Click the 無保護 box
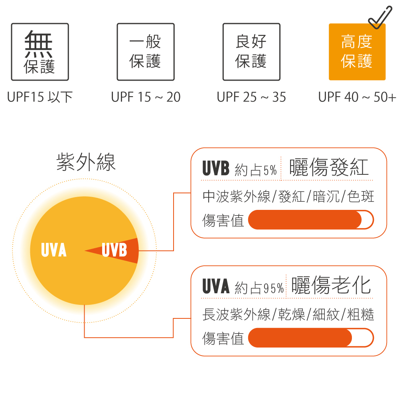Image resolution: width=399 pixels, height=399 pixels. tap(40, 52)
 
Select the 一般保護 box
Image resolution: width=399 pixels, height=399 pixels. tap(146, 52)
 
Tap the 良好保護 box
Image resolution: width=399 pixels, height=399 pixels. tap(251, 52)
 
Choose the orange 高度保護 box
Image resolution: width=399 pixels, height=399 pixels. tap(357, 52)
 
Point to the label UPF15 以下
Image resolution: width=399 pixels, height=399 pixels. tap(40, 97)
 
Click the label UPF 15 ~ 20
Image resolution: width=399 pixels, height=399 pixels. tap(146, 97)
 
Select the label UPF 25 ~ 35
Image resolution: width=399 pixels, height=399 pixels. tap(251, 97)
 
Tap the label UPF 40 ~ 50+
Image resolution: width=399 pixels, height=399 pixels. tap(357, 97)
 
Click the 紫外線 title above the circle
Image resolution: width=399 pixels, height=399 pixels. tap(86, 162)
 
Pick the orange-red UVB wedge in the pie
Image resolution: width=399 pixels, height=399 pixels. tap(117, 251)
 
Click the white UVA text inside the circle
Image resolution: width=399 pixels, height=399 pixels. tap(54, 250)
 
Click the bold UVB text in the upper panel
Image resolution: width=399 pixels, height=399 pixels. tap(216, 168)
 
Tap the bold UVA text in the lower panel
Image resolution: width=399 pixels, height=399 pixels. tap(216, 286)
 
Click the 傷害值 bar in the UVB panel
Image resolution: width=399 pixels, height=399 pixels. tap(311, 219)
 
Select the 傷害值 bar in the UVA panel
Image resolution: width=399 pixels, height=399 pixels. tap(311, 338)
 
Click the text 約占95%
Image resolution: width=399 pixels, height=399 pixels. tap(259, 288)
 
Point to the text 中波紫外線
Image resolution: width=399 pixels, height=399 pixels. tap(236, 197)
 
